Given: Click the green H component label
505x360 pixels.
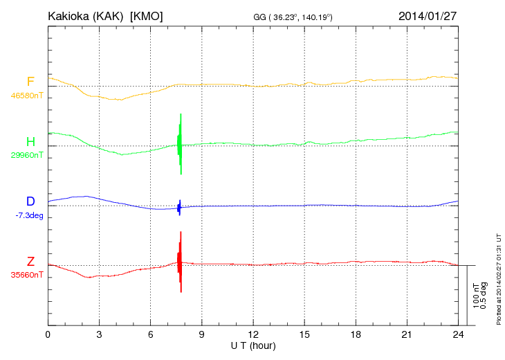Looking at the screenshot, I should (30, 142).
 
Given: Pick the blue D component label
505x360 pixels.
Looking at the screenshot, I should (30, 201).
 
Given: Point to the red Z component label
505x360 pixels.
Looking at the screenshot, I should (30, 262).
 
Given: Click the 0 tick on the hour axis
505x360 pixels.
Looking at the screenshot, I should (48, 335).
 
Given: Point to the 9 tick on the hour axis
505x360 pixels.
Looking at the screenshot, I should (201, 335).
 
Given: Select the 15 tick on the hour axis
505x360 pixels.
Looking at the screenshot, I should (304, 335).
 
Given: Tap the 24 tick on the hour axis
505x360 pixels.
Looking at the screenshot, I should (457, 335).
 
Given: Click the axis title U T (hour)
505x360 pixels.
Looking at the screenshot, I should (253, 345).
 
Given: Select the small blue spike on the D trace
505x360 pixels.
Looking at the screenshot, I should (179, 207).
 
